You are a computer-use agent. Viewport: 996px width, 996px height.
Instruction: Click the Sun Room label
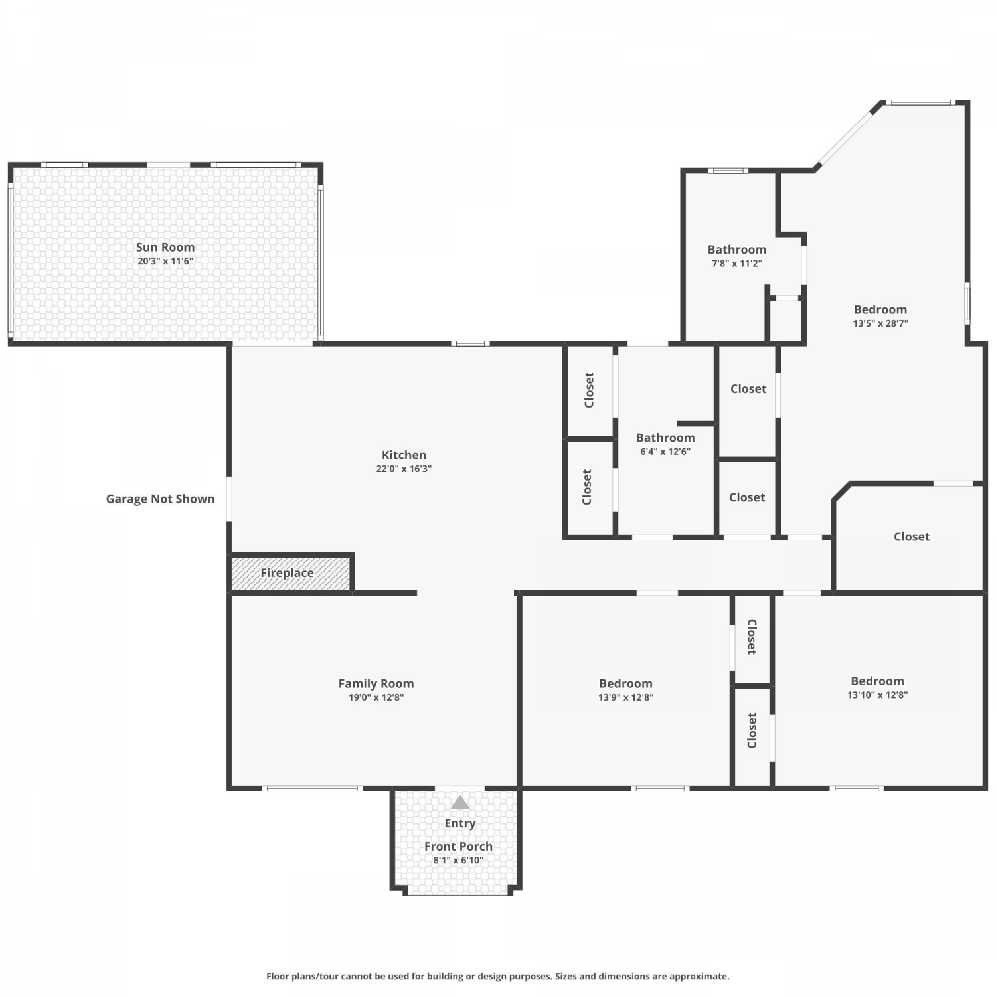(x=165, y=247)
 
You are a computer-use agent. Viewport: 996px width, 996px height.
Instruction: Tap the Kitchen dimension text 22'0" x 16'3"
(x=404, y=469)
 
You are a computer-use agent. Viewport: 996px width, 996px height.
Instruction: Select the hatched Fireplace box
(x=290, y=573)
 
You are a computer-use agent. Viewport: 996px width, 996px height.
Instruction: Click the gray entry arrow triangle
(x=460, y=803)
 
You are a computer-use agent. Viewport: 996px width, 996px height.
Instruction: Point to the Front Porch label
(x=458, y=846)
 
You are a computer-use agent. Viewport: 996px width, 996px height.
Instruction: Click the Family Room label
(x=376, y=683)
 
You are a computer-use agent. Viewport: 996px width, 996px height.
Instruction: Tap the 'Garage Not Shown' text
(x=160, y=499)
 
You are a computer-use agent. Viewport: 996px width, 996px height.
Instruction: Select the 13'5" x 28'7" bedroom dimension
(x=880, y=323)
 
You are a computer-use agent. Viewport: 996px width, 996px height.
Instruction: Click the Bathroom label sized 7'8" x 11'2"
(x=737, y=250)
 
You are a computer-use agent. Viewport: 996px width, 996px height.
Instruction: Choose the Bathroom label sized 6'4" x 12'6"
(x=665, y=438)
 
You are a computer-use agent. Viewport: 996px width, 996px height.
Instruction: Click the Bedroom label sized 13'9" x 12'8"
(x=625, y=683)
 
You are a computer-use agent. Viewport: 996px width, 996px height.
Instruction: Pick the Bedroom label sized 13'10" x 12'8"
(x=877, y=681)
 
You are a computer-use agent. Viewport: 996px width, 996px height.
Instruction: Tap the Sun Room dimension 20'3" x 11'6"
(x=165, y=261)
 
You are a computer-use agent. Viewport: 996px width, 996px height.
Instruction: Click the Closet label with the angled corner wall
(x=912, y=537)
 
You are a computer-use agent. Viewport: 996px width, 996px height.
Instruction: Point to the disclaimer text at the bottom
(x=498, y=976)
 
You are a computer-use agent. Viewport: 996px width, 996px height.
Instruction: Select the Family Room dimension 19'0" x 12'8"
(x=376, y=697)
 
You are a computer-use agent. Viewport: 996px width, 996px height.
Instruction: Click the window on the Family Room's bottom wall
(x=312, y=788)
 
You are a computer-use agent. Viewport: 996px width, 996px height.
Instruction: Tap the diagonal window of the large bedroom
(x=845, y=137)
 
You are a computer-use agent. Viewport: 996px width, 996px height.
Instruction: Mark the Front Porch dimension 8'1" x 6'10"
(x=458, y=860)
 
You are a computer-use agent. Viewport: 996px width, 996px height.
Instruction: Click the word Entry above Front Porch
(x=460, y=823)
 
